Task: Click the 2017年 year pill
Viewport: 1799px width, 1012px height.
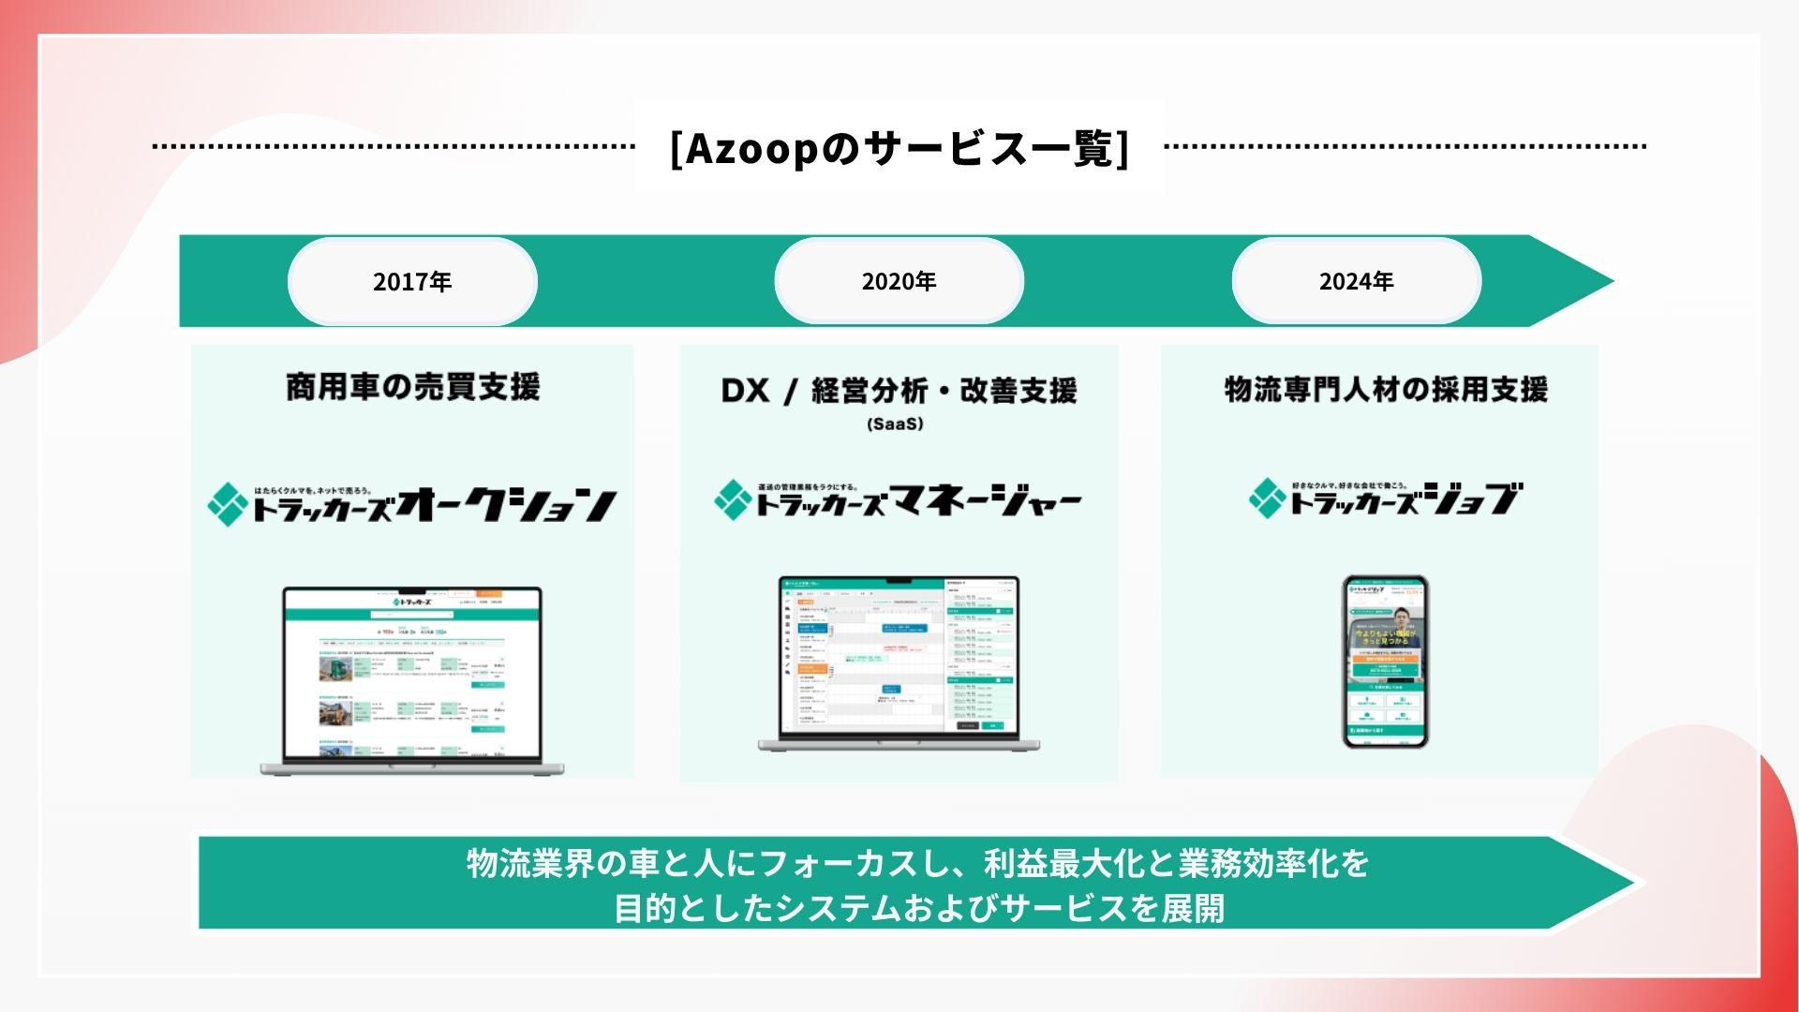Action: pyautogui.click(x=412, y=281)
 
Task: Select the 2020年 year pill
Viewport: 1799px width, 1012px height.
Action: pyautogui.click(x=899, y=281)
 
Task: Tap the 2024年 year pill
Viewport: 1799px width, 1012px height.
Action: pyautogui.click(x=1356, y=281)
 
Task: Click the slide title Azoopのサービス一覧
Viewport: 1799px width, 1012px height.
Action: pyautogui.click(x=899, y=148)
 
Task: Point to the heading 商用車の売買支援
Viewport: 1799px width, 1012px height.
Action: pyautogui.click(x=412, y=387)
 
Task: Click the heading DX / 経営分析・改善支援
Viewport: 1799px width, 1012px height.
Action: pyautogui.click(x=899, y=391)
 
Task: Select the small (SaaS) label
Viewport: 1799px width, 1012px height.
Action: pyautogui.click(x=896, y=424)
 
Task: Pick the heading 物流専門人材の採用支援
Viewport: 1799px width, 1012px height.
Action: pyautogui.click(x=1386, y=389)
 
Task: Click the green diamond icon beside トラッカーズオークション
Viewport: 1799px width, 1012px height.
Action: pyautogui.click(x=226, y=504)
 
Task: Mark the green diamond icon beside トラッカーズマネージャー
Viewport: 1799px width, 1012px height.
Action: pyautogui.click(x=732, y=499)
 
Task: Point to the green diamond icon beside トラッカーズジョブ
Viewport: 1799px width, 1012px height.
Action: pyautogui.click(x=1268, y=498)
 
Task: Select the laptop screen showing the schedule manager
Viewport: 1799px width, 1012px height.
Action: pyautogui.click(x=899, y=656)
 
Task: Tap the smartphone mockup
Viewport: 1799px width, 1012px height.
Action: pyautogui.click(x=1385, y=661)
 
